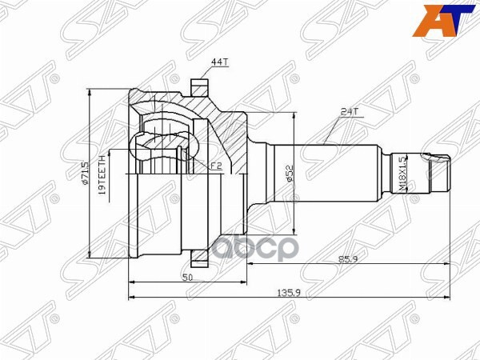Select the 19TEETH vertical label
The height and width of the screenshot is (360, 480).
(x=102, y=173)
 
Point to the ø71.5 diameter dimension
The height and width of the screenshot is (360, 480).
(x=83, y=173)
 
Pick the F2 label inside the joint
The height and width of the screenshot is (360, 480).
(x=215, y=166)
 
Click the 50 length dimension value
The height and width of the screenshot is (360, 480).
(x=187, y=276)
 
